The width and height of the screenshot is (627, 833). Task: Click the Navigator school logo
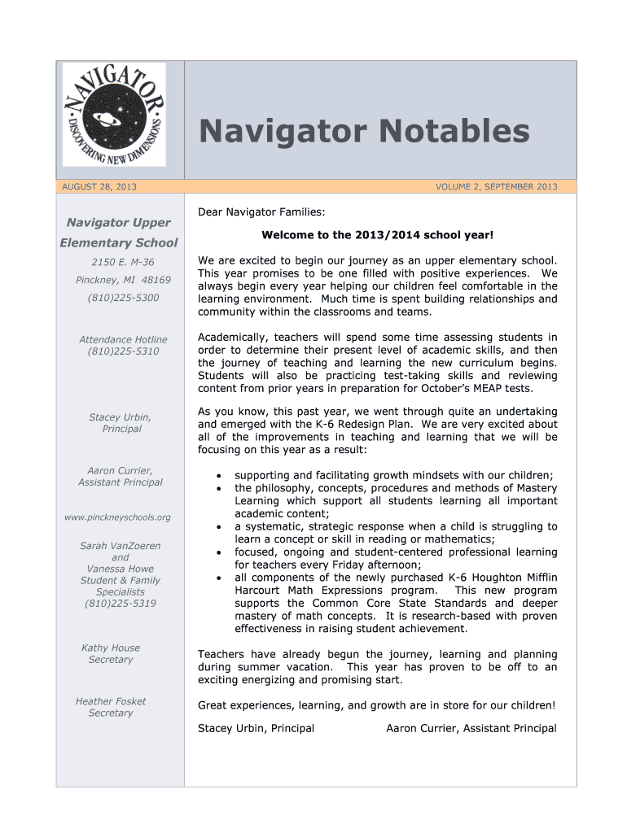coord(114,115)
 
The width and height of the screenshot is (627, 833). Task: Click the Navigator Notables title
coord(365,131)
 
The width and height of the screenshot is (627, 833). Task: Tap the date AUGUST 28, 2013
coord(99,187)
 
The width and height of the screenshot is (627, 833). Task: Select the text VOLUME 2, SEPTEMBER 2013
coord(496,187)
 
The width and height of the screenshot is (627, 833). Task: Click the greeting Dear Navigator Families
coord(261,212)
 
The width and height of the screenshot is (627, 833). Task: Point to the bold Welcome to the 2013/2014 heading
coord(377,235)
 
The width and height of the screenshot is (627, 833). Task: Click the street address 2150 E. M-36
coord(122,262)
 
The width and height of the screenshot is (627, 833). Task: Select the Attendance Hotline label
coord(123,340)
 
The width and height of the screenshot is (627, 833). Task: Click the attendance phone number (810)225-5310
coord(124,351)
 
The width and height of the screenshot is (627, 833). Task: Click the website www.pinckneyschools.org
coord(118,517)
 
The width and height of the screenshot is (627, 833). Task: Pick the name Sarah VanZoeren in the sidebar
coord(121,546)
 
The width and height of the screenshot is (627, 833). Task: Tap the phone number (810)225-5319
coord(121,604)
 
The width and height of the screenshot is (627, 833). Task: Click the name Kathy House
coord(111,648)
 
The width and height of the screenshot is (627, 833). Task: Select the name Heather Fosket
coord(111,701)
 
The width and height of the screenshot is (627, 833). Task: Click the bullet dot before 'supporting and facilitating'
coord(217,476)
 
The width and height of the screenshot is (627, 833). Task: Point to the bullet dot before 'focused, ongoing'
coord(217,553)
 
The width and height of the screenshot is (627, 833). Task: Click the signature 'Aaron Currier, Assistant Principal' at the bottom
coord(471,729)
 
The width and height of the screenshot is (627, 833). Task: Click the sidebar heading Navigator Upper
coord(119,223)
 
